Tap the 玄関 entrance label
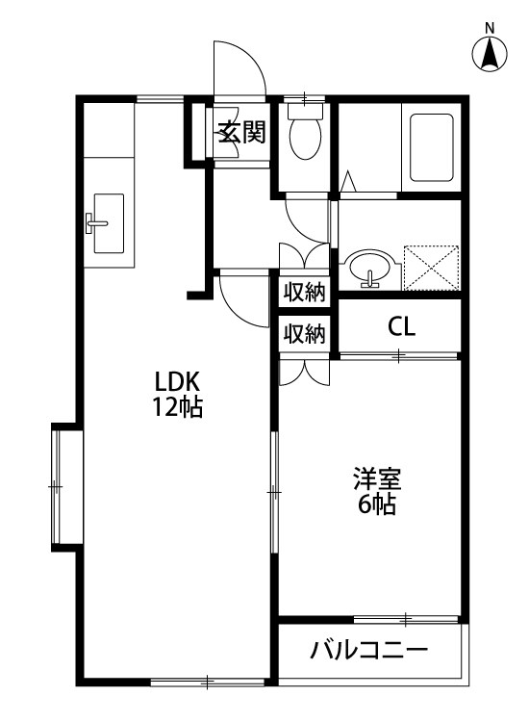[239, 133]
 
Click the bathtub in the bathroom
[434, 148]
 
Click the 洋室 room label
[376, 478]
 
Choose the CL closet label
[401, 326]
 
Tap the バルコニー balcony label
[368, 651]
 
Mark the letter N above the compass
[490, 27]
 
